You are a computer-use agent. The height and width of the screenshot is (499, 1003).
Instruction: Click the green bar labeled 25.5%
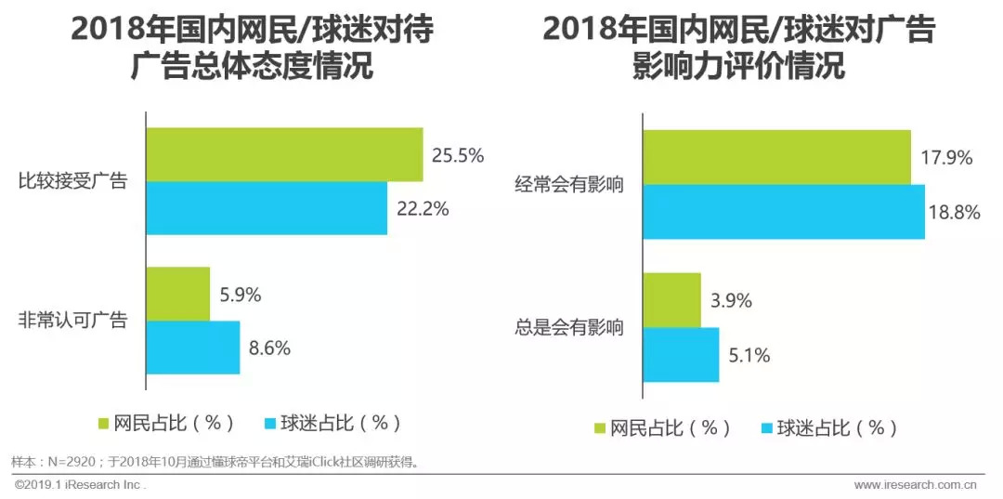pos(284,154)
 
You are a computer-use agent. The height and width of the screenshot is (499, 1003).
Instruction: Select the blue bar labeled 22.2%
pos(267,208)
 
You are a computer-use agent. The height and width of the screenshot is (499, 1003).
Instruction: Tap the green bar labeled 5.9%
pos(178,294)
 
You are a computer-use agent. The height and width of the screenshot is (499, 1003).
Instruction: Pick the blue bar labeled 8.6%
pos(193,348)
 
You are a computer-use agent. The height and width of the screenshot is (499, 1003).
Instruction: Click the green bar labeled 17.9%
pos(776,157)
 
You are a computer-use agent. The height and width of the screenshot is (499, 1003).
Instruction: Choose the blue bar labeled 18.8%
pos(784,212)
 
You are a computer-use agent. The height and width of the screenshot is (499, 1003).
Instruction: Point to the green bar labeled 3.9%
pos(671,300)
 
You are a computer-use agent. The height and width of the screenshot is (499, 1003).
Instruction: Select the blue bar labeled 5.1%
pos(681,355)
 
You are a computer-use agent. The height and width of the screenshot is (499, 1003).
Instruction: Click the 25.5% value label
pos(457,155)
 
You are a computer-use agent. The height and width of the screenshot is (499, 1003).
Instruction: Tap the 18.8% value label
pos(954,212)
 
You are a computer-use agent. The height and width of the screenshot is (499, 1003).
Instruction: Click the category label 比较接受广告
pos(72,182)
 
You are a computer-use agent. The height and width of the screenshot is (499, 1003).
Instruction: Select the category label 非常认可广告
pos(72,321)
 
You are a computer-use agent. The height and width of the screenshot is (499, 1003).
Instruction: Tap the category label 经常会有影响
pos(569,185)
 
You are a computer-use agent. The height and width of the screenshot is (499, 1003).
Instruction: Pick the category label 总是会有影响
pos(569,327)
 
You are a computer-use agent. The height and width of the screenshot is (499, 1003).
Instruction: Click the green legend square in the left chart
pos(104,423)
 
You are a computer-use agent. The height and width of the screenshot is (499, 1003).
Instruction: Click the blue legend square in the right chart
pos(767,428)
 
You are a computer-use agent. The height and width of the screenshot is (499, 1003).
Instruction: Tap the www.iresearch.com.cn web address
pos(915,485)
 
